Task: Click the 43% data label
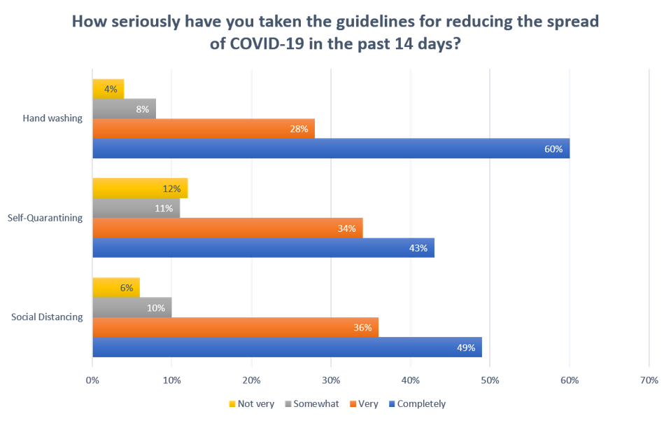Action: [x=418, y=248]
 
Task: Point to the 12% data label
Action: [x=172, y=188]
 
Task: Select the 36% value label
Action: [x=362, y=328]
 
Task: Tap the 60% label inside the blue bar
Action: [x=553, y=149]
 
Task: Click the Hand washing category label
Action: [x=52, y=118]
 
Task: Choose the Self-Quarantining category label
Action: [x=47, y=218]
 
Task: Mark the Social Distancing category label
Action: [x=47, y=317]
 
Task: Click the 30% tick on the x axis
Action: [x=331, y=380]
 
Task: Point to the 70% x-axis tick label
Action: [x=649, y=380]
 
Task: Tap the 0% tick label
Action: [x=92, y=380]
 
